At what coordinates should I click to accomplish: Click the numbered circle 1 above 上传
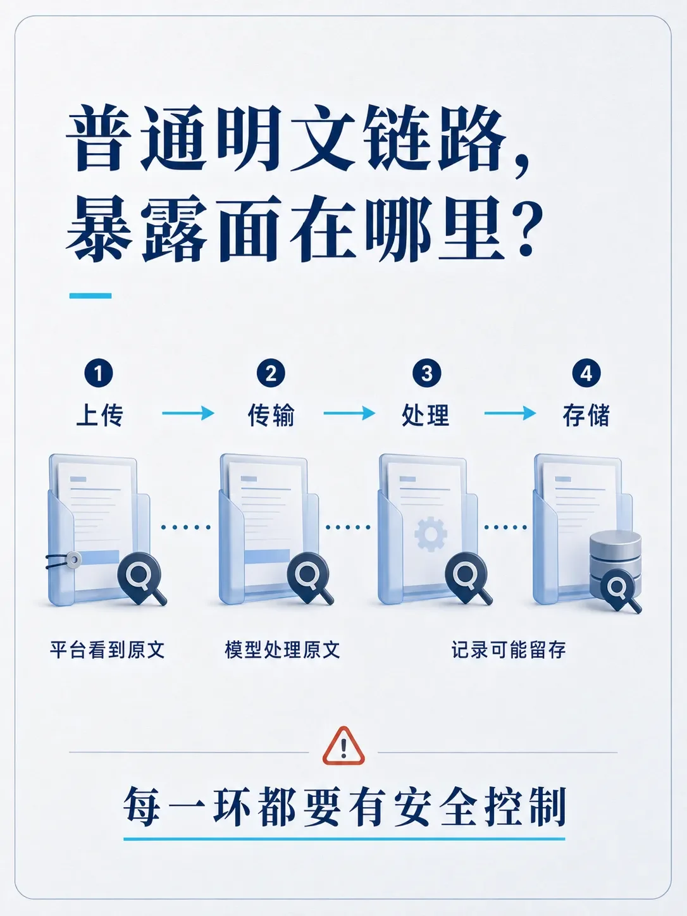(99, 373)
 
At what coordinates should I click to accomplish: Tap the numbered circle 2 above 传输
(271, 373)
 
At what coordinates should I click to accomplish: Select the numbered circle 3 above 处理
(427, 373)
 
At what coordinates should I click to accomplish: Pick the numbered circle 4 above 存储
(586, 373)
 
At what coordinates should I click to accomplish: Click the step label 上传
(99, 415)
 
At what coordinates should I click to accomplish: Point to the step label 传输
(271, 415)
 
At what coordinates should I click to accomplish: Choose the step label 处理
(426, 415)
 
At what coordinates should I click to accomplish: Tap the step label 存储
(586, 415)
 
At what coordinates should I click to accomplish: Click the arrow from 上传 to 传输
(188, 413)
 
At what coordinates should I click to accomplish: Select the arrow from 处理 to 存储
(510, 413)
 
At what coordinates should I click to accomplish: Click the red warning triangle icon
(343, 746)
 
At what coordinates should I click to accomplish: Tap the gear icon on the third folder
(431, 534)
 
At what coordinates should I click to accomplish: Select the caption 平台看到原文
(108, 650)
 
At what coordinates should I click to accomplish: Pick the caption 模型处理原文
(282, 650)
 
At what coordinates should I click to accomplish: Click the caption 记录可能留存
(509, 650)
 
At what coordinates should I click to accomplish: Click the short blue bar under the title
(90, 295)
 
